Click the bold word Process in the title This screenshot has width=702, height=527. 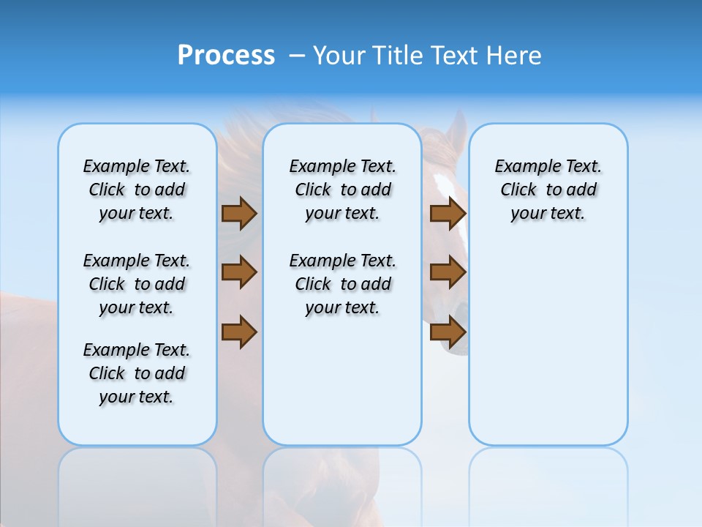coord(226,56)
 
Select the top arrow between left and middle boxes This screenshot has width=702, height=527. coord(239,213)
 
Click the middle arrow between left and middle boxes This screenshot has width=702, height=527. coord(239,272)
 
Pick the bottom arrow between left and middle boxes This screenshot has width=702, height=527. coord(239,332)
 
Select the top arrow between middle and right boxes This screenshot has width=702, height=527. coord(448,213)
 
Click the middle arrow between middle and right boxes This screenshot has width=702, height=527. coord(448,272)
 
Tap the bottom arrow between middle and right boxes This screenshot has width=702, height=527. coord(448,332)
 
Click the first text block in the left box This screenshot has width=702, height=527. coord(137,190)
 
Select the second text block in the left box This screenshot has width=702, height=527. coord(137,284)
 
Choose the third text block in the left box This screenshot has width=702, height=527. coord(137,373)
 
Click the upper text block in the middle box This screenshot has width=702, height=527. coord(342,190)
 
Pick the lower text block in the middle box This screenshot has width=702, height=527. coord(342,284)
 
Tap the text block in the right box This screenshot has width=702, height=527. coord(548,190)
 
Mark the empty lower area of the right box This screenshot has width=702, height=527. coord(548,344)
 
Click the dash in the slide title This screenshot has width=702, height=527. coord(297,56)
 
